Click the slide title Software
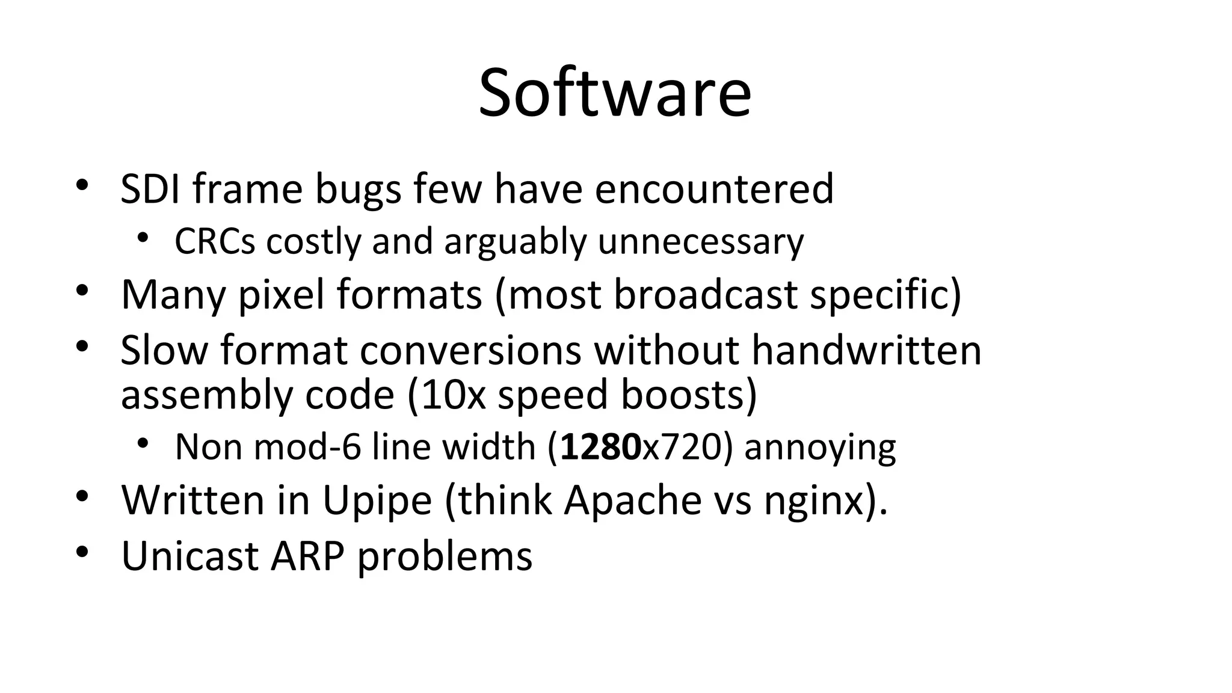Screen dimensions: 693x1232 [x=615, y=93]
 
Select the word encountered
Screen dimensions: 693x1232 [x=714, y=189]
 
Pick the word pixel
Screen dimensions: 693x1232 [x=282, y=295]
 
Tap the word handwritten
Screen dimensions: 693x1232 [x=866, y=350]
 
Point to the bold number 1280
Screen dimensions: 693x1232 [x=600, y=447]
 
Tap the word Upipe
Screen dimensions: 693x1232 [x=377, y=500]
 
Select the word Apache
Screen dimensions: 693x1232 [x=632, y=500]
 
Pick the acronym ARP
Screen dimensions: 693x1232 [x=307, y=555]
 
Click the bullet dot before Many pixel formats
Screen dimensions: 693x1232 [x=82, y=291]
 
